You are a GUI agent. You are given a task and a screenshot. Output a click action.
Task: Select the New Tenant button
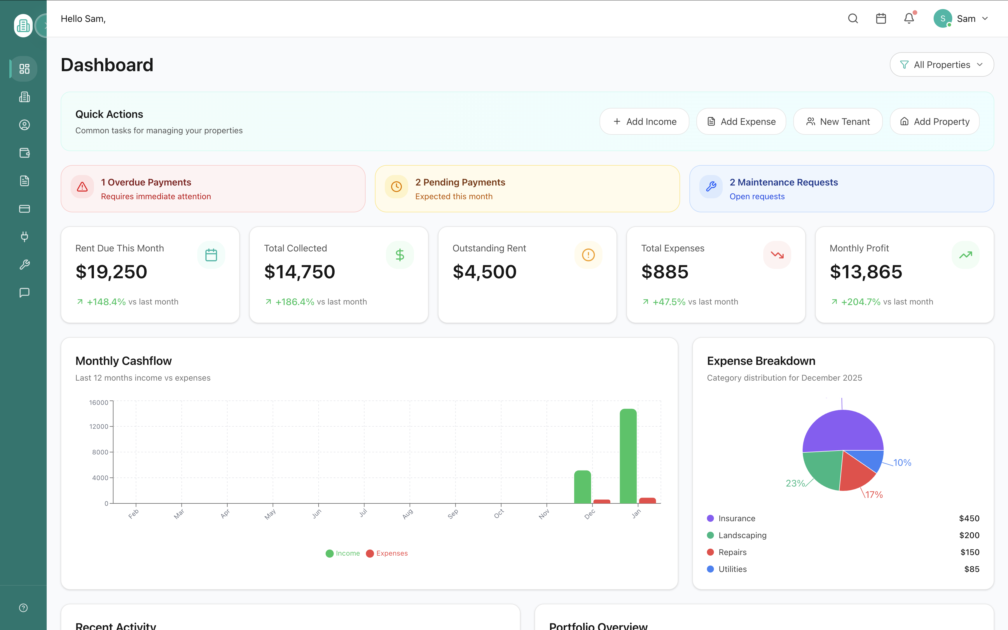click(838, 122)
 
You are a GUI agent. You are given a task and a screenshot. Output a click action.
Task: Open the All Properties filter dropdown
click(941, 64)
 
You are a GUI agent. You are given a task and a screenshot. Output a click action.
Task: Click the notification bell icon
click(909, 19)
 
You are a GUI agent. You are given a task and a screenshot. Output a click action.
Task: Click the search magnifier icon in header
click(852, 19)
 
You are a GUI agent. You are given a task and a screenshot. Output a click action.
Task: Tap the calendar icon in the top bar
click(881, 19)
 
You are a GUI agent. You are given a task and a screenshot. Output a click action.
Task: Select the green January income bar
click(628, 456)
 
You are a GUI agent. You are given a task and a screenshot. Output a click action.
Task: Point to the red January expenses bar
click(647, 501)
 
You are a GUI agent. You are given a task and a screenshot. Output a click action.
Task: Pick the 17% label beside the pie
click(874, 495)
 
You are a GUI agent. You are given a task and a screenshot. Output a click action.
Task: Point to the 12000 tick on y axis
click(99, 426)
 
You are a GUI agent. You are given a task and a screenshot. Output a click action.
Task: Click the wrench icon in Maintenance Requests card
click(711, 187)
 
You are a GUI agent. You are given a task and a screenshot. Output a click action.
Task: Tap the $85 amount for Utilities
click(971, 569)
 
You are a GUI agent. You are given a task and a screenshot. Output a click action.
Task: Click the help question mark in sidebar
click(23, 608)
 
